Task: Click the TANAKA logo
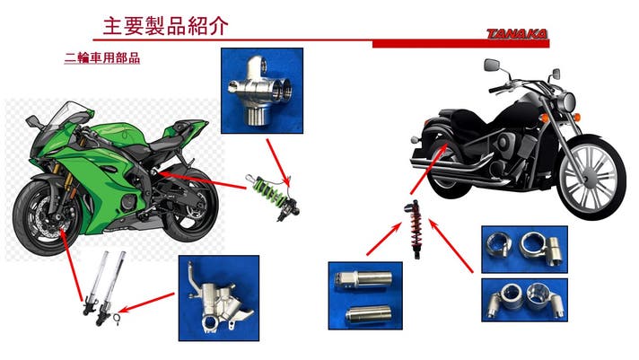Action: pyautogui.click(x=517, y=34)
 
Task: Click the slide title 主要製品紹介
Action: pyautogui.click(x=165, y=26)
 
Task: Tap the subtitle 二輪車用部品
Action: pyautogui.click(x=102, y=57)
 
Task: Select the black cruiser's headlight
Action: pyautogui.click(x=568, y=101)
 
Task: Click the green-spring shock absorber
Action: pyautogui.click(x=272, y=197)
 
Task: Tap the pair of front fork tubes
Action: pyautogui.click(x=103, y=288)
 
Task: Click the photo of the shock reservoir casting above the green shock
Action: pyautogui.click(x=262, y=91)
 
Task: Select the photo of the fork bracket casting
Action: pyautogui.click(x=219, y=298)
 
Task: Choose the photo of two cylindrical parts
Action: pyautogui.click(x=365, y=295)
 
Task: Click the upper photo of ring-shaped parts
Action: pyautogui.click(x=524, y=249)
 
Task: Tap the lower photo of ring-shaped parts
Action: pyautogui.click(x=524, y=300)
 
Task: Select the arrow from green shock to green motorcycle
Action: pyautogui.click(x=202, y=180)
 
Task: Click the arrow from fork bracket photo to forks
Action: pyautogui.click(x=146, y=303)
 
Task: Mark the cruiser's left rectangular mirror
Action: pyautogui.click(x=492, y=65)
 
